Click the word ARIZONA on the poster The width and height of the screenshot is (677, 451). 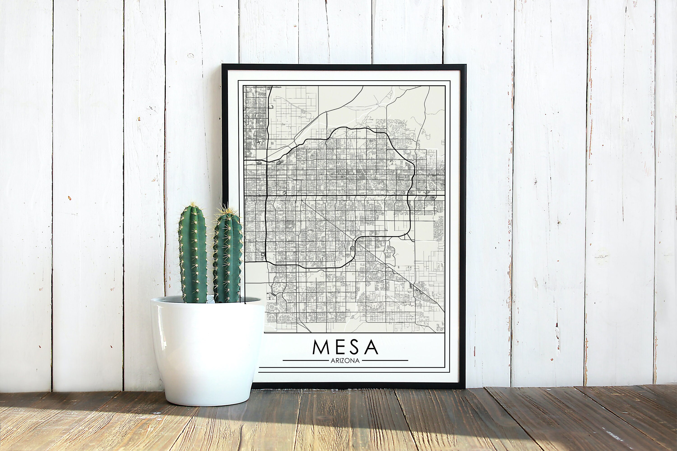tap(345, 361)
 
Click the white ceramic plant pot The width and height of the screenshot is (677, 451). tap(207, 351)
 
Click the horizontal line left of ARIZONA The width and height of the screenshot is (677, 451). tap(305, 360)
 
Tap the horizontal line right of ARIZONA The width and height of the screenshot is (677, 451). tap(385, 360)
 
